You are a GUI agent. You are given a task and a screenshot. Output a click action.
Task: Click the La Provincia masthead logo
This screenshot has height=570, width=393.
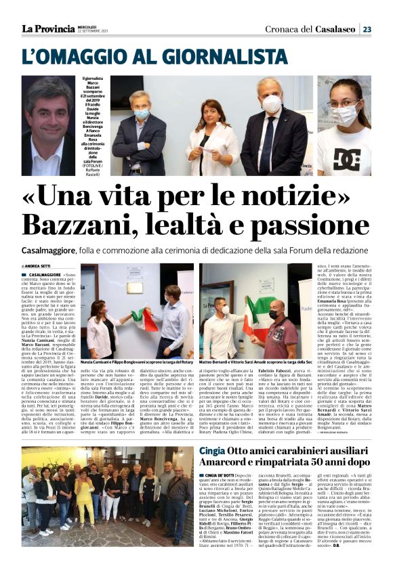pyautogui.click(x=48, y=28)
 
